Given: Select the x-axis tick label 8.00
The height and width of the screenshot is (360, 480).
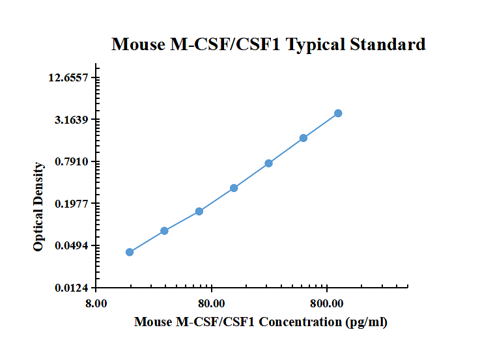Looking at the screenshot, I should pyautogui.click(x=96, y=303).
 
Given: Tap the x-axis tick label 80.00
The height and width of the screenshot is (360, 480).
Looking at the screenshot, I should pyautogui.click(x=211, y=303).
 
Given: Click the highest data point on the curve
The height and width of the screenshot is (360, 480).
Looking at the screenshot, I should pyautogui.click(x=338, y=113).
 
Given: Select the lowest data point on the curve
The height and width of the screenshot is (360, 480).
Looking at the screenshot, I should pyautogui.click(x=130, y=252).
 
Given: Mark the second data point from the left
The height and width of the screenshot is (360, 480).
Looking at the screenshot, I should pyautogui.click(x=164, y=230).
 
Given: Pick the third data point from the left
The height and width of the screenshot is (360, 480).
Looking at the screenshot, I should pyautogui.click(x=199, y=211).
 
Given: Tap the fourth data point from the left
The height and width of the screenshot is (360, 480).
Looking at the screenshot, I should pyautogui.click(x=234, y=188).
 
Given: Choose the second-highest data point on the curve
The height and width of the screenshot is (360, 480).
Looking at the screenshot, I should pyautogui.click(x=304, y=138).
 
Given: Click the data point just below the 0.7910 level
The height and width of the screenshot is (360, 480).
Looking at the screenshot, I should pyautogui.click(x=268, y=163).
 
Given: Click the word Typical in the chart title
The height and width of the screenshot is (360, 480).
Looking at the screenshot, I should pyautogui.click(x=316, y=45).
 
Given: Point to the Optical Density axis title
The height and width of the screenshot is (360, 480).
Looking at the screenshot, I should pyautogui.click(x=39, y=206).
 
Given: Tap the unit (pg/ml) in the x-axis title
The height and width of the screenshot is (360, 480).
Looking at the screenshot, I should pyautogui.click(x=367, y=322).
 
